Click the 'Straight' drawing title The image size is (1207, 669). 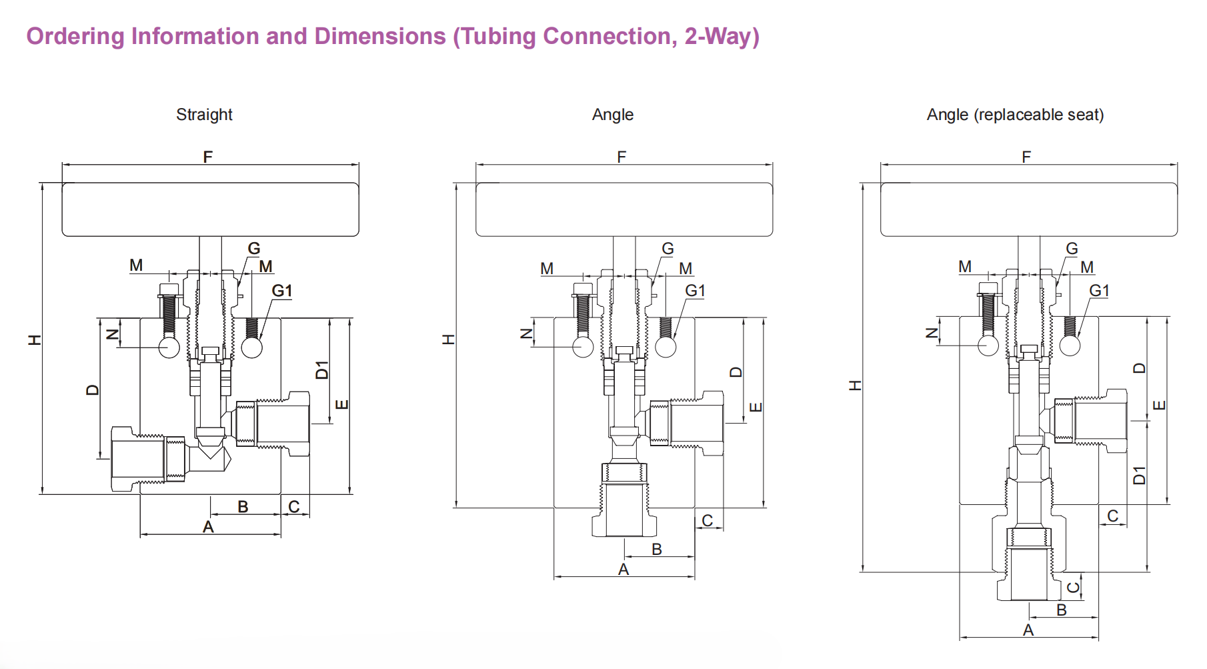(204, 115)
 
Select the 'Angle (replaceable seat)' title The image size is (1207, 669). (1015, 115)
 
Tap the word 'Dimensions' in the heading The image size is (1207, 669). (379, 36)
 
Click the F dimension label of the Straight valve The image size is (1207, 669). (208, 157)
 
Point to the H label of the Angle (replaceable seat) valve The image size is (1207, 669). (856, 386)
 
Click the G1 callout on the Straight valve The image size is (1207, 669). (281, 291)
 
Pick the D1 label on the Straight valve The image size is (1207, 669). (323, 370)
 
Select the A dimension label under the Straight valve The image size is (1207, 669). (208, 527)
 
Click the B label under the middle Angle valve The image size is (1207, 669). (657, 549)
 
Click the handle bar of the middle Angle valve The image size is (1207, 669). (624, 209)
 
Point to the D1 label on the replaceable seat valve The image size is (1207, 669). (1140, 475)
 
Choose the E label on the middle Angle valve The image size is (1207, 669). (756, 407)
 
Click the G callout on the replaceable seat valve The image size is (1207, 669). (1072, 249)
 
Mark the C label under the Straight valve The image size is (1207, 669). (294, 507)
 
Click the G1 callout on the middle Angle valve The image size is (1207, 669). (695, 291)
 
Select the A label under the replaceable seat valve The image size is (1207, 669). (1028, 630)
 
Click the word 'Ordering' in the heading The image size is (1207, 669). (75, 36)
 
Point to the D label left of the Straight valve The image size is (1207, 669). (93, 390)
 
